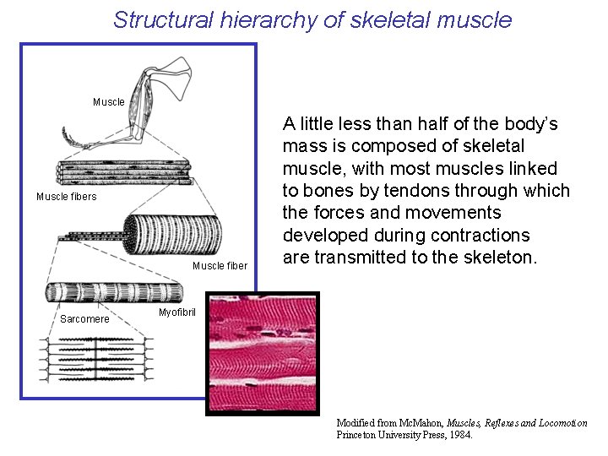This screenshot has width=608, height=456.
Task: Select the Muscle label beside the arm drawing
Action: click(x=109, y=102)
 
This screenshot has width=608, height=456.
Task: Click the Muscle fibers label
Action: click(x=67, y=197)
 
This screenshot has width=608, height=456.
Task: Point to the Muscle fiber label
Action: click(x=220, y=266)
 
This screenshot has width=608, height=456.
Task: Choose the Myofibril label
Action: click(x=177, y=312)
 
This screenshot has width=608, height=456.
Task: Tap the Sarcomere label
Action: click(x=84, y=319)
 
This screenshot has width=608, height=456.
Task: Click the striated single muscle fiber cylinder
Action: click(x=173, y=232)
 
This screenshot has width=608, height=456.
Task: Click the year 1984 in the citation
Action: click(x=460, y=435)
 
